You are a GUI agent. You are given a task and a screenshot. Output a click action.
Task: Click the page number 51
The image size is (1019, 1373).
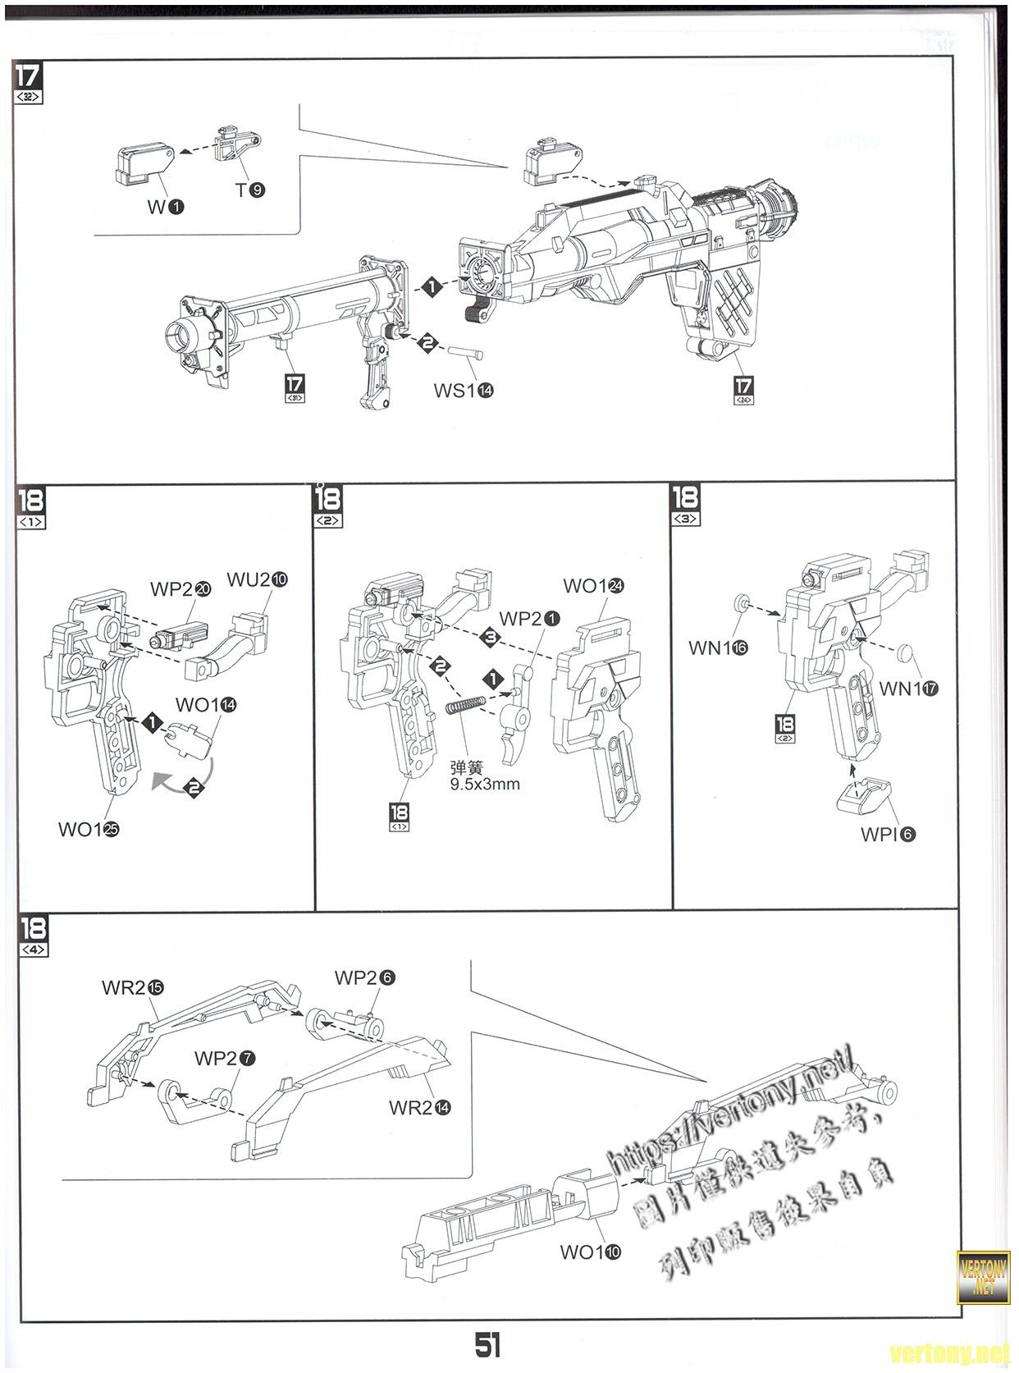[487, 1344]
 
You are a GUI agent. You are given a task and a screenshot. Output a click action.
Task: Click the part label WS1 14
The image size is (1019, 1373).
[464, 391]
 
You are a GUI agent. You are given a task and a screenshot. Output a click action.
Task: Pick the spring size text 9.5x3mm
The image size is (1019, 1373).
[485, 784]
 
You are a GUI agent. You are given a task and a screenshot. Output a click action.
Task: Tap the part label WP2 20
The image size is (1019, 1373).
[180, 589]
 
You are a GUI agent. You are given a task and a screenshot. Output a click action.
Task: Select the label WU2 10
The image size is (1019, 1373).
[257, 579]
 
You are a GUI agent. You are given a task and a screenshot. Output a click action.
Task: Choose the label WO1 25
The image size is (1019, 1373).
[89, 829]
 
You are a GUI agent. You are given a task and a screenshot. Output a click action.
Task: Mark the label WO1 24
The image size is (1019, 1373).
[593, 586]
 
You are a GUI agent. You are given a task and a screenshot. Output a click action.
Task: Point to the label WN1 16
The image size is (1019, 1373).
[718, 648]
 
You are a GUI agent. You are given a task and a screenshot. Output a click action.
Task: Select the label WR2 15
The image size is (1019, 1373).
[132, 987]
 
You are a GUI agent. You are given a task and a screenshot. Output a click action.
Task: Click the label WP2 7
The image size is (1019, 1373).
[224, 1059]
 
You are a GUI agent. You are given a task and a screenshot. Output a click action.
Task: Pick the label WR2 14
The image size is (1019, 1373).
[419, 1107]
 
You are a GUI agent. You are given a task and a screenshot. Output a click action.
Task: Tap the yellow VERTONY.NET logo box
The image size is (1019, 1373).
[983, 1277]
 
